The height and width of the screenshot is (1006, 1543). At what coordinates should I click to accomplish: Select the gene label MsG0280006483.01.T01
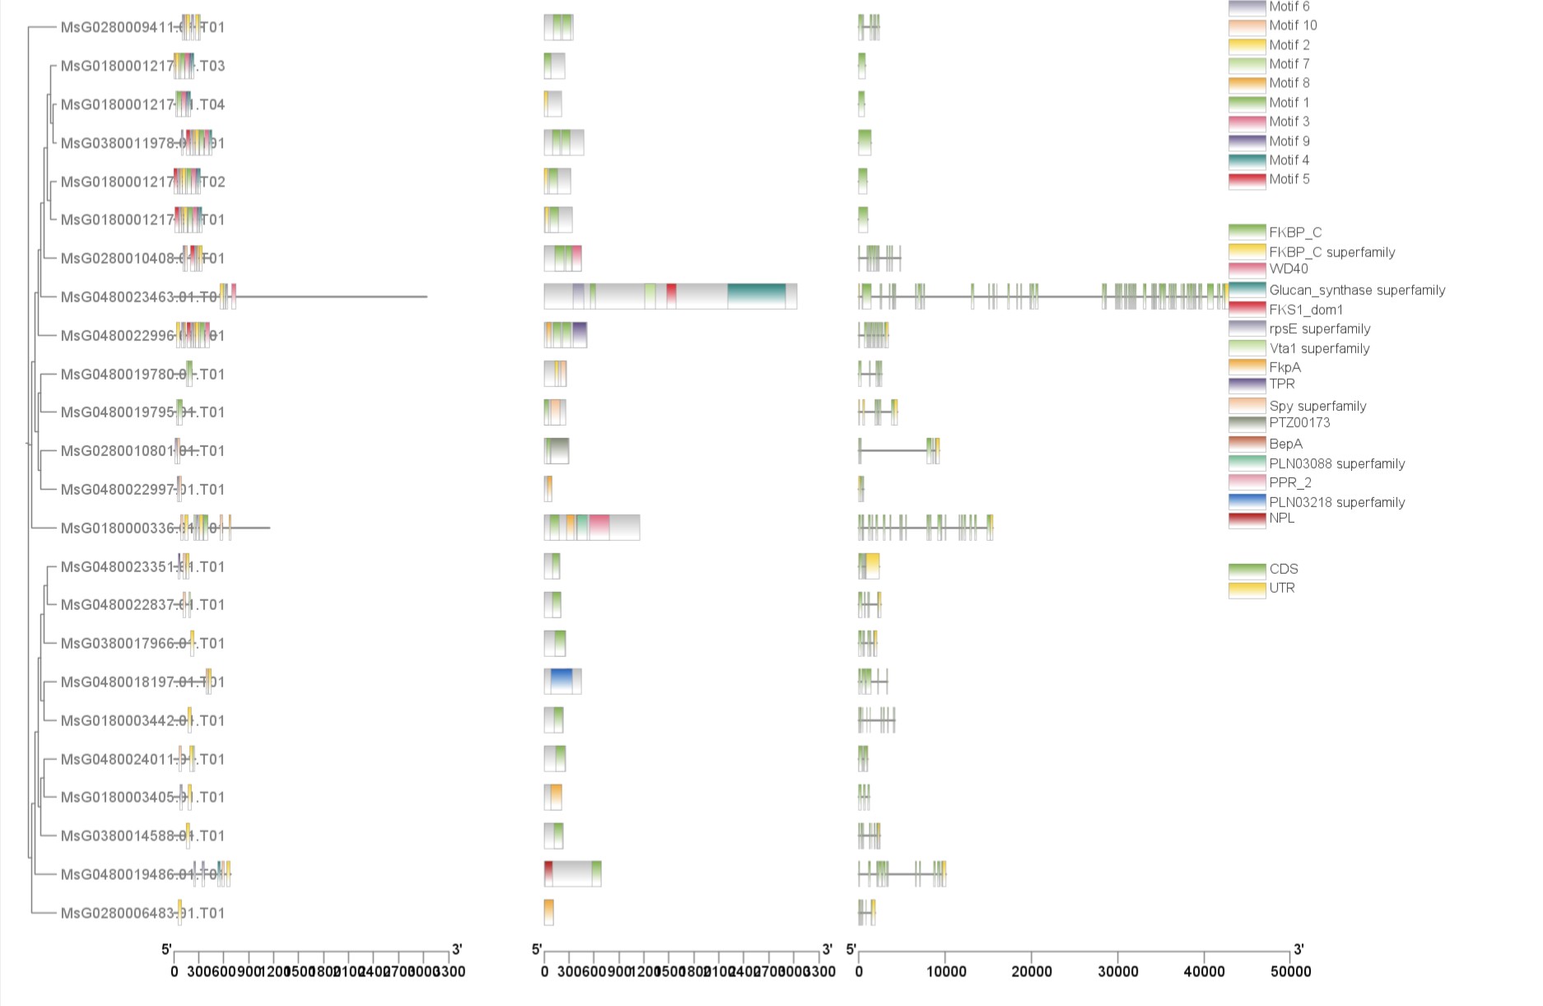coord(142,913)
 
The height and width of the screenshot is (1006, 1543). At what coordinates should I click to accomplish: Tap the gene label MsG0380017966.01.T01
coord(142,644)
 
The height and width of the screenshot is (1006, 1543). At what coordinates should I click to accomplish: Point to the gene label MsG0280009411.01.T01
coord(142,27)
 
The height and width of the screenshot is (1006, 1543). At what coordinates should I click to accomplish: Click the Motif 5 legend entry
coord(1289,179)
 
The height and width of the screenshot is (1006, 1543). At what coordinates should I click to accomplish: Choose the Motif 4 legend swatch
coord(1247,161)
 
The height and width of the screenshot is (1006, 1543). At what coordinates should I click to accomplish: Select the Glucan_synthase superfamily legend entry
coord(1356,290)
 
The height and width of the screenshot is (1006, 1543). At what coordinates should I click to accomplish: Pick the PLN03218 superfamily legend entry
coord(1336,502)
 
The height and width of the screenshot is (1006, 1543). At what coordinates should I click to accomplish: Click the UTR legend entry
coord(1281,588)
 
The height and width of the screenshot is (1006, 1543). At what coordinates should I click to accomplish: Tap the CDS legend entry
coord(1283,569)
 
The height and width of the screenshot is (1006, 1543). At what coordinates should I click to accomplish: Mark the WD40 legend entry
coord(1288,268)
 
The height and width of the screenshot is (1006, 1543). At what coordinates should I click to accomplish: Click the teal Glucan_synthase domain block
coord(756,296)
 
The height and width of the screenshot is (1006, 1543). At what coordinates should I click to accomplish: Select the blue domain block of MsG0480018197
coord(561,682)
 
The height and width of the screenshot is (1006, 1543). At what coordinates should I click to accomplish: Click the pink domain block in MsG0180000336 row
coord(599,528)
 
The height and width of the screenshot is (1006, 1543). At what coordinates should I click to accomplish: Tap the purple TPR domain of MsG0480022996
coord(579,335)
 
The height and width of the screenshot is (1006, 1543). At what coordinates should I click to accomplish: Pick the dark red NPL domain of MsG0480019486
coord(548,873)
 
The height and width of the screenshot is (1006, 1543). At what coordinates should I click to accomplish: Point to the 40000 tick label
coord(1203,971)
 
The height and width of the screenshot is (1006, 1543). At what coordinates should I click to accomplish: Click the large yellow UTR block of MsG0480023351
coord(872,566)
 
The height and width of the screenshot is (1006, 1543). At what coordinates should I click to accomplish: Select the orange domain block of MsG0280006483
coord(548,912)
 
